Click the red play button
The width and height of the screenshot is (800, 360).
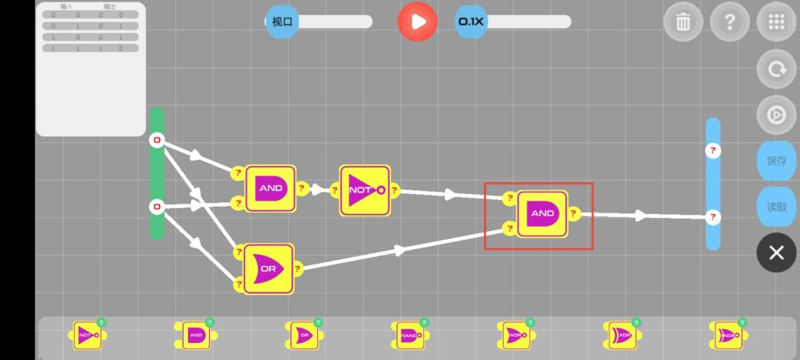[x=418, y=21]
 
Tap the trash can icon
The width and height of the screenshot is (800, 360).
[x=683, y=22]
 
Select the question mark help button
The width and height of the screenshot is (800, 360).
[x=730, y=22]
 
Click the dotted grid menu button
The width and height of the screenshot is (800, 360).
[x=776, y=22]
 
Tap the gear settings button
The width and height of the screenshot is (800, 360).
[x=776, y=116]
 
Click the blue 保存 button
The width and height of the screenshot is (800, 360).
[x=776, y=161]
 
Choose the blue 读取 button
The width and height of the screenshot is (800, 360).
[x=776, y=207]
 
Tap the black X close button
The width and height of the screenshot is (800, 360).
[x=776, y=253]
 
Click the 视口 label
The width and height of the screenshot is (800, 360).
[x=282, y=21]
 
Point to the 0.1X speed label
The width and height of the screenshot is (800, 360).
[x=471, y=21]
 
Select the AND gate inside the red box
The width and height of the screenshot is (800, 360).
[x=542, y=213]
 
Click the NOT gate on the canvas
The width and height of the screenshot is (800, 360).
[x=364, y=190]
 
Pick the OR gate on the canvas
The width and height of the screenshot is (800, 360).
[x=268, y=269]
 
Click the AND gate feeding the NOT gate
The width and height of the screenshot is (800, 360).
[x=270, y=188]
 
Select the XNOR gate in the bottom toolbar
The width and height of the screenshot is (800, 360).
[x=727, y=336]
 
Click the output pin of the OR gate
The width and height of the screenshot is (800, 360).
[x=298, y=268]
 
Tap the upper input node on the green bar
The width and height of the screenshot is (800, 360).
[x=156, y=140]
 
